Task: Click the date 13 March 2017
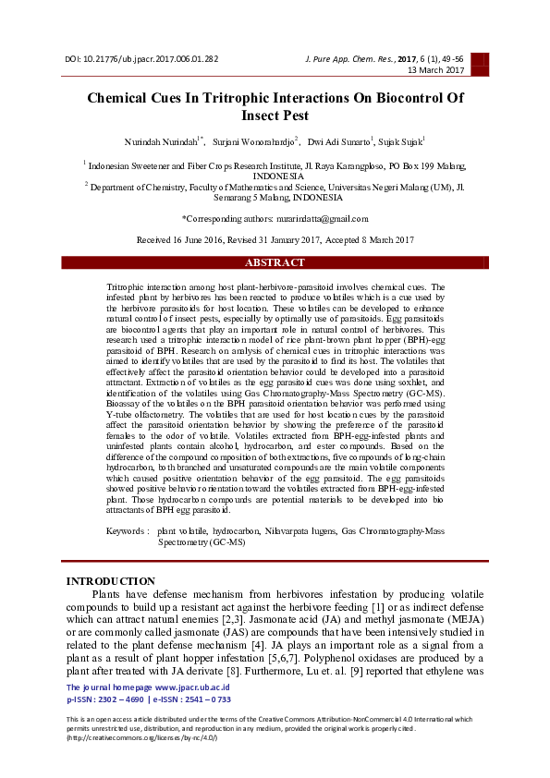436,70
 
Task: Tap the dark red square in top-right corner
479,63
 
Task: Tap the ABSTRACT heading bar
275,263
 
